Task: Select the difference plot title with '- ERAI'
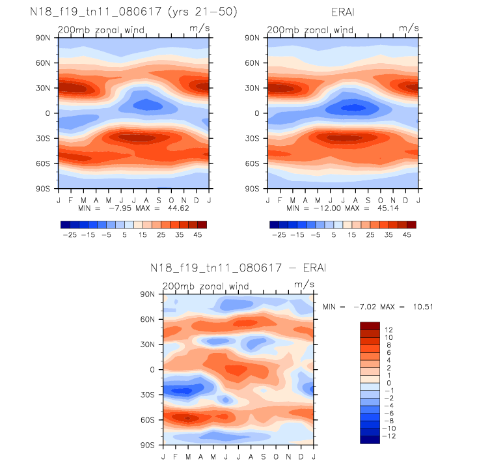pos(238,268)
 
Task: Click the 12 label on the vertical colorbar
pos(388,330)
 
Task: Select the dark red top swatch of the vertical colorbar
pos(369,325)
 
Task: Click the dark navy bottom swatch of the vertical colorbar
pos(369,440)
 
